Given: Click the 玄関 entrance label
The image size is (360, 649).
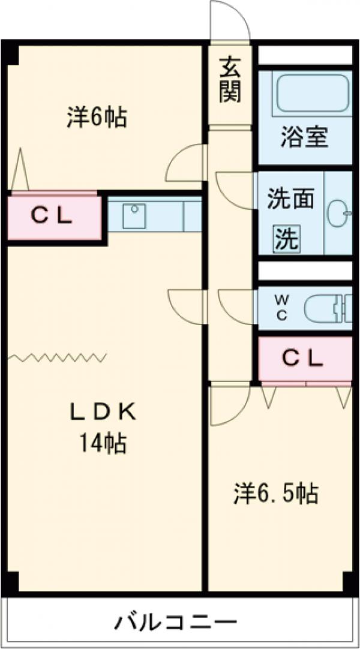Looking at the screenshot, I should pyautogui.click(x=230, y=79).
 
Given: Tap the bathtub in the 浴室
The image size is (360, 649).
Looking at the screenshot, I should pyautogui.click(x=312, y=94).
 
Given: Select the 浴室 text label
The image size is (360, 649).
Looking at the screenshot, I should pyautogui.click(x=305, y=137).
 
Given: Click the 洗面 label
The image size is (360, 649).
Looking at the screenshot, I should pyautogui.click(x=290, y=199).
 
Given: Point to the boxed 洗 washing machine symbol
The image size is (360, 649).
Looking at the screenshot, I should pyautogui.click(x=286, y=239).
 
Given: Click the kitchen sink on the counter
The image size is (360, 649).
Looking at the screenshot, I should pyautogui.click(x=134, y=215).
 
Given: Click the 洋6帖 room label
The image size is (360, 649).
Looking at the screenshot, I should pyautogui.click(x=96, y=117).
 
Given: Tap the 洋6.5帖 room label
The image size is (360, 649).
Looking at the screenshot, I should pyautogui.click(x=275, y=494).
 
